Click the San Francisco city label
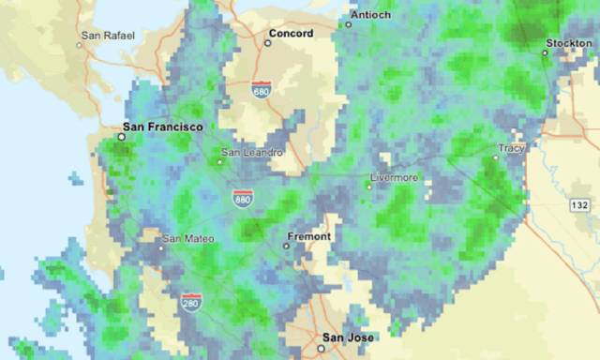click(163, 126)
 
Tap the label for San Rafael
click(108, 37)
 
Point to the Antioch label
click(369, 16)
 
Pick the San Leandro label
click(250, 153)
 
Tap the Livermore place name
click(394, 177)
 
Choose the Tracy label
click(512, 148)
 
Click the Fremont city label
click(308, 236)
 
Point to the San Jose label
click(348, 337)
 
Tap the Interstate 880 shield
click(244, 198)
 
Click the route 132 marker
click(579, 203)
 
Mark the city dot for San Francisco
click(121, 137)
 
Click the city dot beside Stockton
click(545, 53)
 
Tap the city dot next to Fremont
click(287, 246)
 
